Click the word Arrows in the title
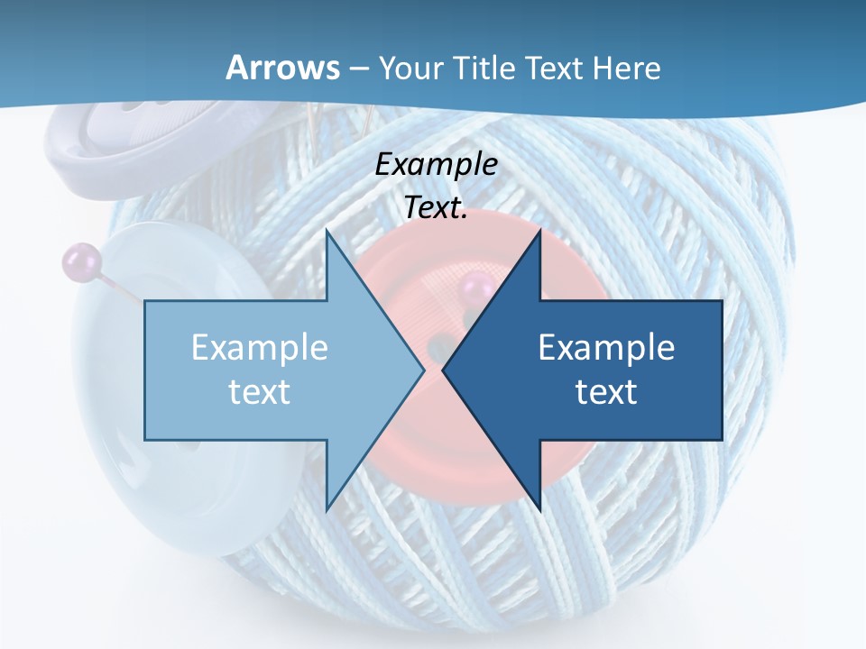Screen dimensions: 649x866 (x=282, y=68)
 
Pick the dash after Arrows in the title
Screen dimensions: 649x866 (x=359, y=69)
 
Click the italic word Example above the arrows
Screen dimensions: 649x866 (x=437, y=165)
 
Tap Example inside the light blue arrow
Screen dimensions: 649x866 (x=260, y=347)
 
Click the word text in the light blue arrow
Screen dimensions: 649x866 (x=260, y=391)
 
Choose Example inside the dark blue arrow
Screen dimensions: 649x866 (x=606, y=347)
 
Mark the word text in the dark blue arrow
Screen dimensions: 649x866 (x=606, y=391)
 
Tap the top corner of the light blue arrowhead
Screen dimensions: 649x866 (x=327, y=231)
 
